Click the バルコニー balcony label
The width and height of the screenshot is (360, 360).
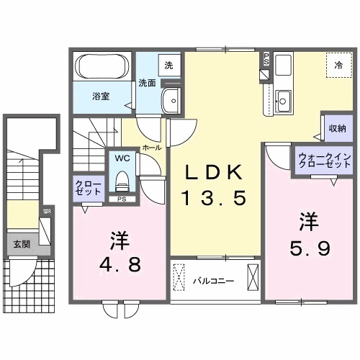(x=212, y=280)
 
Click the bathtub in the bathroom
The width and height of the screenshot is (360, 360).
(x=101, y=70)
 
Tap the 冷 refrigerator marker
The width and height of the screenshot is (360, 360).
(x=338, y=65)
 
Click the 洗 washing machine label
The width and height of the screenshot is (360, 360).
(x=168, y=66)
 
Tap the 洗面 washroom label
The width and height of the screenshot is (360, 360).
(x=147, y=83)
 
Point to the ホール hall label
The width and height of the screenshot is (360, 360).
(x=152, y=147)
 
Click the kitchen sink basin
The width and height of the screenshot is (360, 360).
(x=283, y=100)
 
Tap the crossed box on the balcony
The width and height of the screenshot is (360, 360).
(x=253, y=278)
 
